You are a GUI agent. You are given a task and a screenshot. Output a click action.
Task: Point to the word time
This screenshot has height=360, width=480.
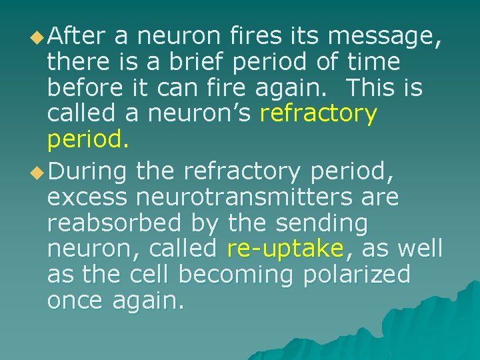coord(373,62)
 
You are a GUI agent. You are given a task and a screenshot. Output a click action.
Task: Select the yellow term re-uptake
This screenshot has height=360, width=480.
coord(285,249)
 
